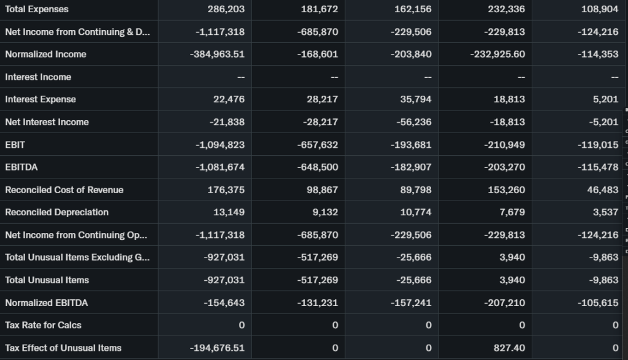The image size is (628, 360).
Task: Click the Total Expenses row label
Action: coord(37,9)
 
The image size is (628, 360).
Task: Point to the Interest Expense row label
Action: coord(40,99)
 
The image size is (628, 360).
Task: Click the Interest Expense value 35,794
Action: coord(416,99)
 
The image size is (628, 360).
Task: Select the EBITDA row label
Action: coord(21,167)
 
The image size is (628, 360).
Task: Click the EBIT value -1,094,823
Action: coord(220,145)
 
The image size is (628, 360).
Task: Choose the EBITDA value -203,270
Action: coord(504,167)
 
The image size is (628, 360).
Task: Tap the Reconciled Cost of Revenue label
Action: coord(64,190)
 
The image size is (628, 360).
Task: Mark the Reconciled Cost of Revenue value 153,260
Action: coord(507,190)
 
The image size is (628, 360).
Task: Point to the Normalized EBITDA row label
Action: coord(47,302)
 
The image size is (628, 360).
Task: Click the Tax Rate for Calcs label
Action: coord(43,325)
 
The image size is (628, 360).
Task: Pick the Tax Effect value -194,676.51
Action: coord(217,348)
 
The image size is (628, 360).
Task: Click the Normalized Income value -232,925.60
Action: coord(497,54)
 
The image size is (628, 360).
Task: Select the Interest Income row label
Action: coord(38,77)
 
